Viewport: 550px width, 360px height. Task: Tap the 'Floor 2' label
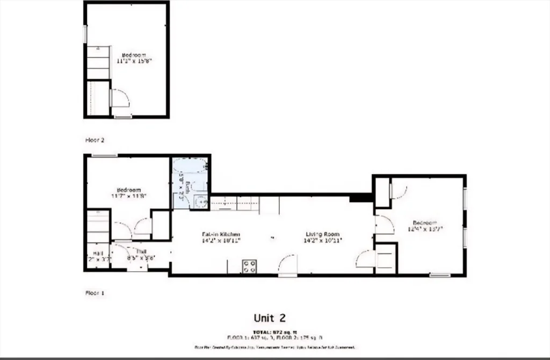(x=95, y=140)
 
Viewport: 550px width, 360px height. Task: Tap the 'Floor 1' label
(x=95, y=293)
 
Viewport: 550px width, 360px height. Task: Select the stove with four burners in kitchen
(x=249, y=267)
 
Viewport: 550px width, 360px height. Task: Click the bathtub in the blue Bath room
(x=190, y=164)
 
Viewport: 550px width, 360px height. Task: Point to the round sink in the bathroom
(x=200, y=202)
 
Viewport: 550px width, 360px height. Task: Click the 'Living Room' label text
(x=323, y=234)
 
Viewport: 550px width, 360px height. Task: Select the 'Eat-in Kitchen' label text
(x=220, y=234)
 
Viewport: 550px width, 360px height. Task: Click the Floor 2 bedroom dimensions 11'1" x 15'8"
(x=134, y=61)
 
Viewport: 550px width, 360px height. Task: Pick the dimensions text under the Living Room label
(x=323, y=241)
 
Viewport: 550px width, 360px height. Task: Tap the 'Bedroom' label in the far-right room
(x=424, y=223)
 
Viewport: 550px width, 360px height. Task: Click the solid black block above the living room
(x=360, y=198)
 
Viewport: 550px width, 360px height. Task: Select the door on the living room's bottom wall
(x=288, y=266)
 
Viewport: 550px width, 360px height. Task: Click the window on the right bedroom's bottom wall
(x=439, y=276)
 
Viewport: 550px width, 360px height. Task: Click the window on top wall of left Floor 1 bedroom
(x=104, y=156)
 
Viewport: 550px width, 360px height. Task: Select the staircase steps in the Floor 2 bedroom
(x=98, y=62)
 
